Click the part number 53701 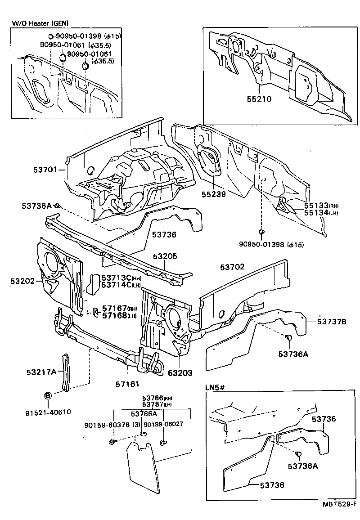pos(45,170)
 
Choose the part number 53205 pos(165,256)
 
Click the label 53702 pos(232,267)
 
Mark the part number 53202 pos(22,281)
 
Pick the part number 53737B pos(332,321)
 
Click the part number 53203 pos(180,373)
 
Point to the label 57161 pos(127,384)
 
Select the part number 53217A pos(41,372)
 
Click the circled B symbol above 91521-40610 pos(47,395)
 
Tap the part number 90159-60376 pos(107,424)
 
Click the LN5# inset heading pos(216,387)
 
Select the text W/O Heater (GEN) pos(42,23)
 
